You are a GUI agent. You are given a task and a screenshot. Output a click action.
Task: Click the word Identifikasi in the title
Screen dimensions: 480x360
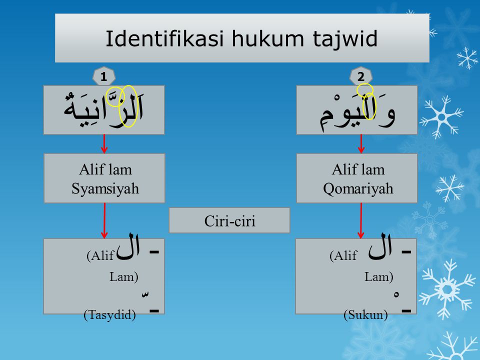pyautogui.click(x=164, y=38)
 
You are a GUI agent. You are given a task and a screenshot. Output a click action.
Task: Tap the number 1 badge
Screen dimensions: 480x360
pyautogui.click(x=104, y=76)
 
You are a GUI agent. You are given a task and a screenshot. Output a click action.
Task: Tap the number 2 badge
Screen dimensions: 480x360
pyautogui.click(x=361, y=76)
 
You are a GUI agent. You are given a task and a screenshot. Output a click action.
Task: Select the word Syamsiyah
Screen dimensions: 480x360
pyautogui.click(x=105, y=188)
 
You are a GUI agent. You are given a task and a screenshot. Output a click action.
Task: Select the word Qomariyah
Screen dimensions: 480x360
pyautogui.click(x=358, y=188)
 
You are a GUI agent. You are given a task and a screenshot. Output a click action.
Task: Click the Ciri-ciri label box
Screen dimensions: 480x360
pyautogui.click(x=229, y=220)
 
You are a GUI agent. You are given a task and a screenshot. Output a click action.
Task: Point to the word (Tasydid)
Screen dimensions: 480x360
pyautogui.click(x=109, y=314)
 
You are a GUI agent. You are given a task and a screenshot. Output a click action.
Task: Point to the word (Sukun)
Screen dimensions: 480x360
pyautogui.click(x=365, y=314)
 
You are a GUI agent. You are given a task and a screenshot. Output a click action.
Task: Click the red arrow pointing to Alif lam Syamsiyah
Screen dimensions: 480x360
pyautogui.click(x=104, y=143)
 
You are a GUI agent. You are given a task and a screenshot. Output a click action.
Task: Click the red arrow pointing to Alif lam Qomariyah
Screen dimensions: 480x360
pyautogui.click(x=361, y=143)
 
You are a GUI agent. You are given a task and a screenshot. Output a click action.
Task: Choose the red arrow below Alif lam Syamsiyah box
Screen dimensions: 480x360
pyautogui.click(x=104, y=220)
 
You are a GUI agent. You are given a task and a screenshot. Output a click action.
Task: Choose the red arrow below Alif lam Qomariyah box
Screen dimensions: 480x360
pyautogui.click(x=361, y=220)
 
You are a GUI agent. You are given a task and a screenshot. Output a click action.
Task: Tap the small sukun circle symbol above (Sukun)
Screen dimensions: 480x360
pyautogui.click(x=396, y=294)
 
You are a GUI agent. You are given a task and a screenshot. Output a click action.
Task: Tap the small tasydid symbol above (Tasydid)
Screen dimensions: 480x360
pyautogui.click(x=145, y=294)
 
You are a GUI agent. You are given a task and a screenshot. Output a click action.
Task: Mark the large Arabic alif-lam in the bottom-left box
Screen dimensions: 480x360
pyautogui.click(x=128, y=246)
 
